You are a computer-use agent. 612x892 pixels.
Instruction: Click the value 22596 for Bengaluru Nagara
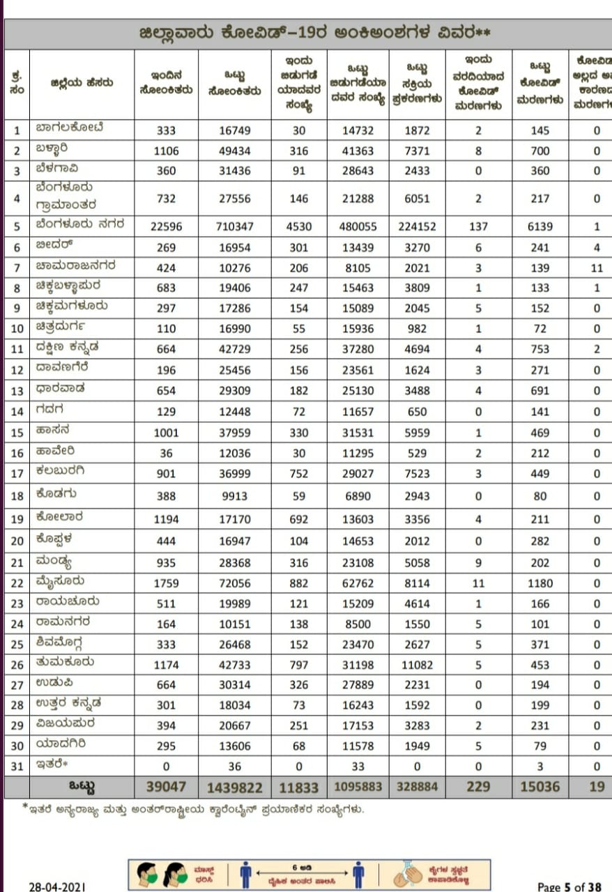click(162, 226)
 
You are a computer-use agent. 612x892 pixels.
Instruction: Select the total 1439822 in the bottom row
click(235, 787)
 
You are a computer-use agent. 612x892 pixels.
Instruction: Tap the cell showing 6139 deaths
click(540, 226)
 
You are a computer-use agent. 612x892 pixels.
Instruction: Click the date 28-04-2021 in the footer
click(57, 886)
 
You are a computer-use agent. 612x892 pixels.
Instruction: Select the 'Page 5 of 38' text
click(569, 886)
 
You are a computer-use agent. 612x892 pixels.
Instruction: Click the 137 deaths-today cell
click(478, 226)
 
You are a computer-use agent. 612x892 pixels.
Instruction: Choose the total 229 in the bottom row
click(478, 787)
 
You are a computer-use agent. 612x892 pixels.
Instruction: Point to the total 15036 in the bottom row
click(540, 787)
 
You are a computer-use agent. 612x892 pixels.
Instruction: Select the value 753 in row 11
click(540, 349)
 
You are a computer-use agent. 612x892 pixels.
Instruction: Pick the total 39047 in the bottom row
click(162, 787)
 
